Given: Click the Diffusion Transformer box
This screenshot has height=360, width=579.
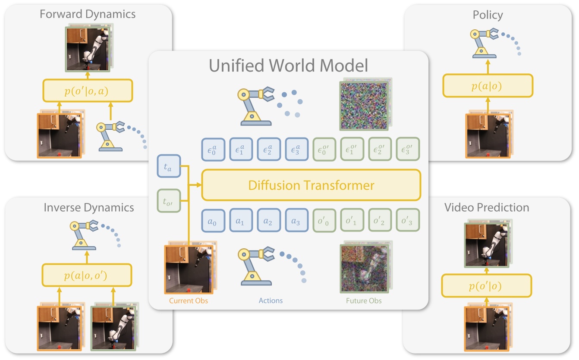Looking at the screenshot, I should tap(311, 185).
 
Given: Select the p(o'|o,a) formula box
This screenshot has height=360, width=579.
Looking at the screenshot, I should tap(87, 91).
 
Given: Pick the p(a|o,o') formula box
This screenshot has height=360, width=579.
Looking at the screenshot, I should tap(86, 275).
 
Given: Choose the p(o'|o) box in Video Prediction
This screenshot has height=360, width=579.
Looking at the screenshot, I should tap(486, 286).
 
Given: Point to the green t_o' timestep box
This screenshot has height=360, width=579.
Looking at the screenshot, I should tap(169, 200).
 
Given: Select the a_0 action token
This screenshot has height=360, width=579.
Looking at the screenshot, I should tap(212, 222).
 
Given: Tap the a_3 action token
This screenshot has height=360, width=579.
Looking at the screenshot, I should tap(296, 222).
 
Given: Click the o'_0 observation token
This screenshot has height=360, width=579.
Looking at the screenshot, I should tap(324, 222).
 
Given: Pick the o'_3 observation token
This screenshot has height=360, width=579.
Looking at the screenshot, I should tap(407, 222).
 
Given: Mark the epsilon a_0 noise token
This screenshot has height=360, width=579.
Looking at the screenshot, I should tap(212, 149).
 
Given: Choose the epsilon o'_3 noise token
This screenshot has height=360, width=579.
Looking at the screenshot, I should tap(407, 149).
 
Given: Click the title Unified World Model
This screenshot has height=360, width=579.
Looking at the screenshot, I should tap(288, 66).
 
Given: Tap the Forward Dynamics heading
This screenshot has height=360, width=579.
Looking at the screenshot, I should tap(88, 14).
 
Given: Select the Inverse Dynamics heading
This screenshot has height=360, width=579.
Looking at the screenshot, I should tap(88, 207).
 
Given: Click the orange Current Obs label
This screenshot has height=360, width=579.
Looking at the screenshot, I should tap(189, 301).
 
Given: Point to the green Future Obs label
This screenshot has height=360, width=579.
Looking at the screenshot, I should tap(364, 301).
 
